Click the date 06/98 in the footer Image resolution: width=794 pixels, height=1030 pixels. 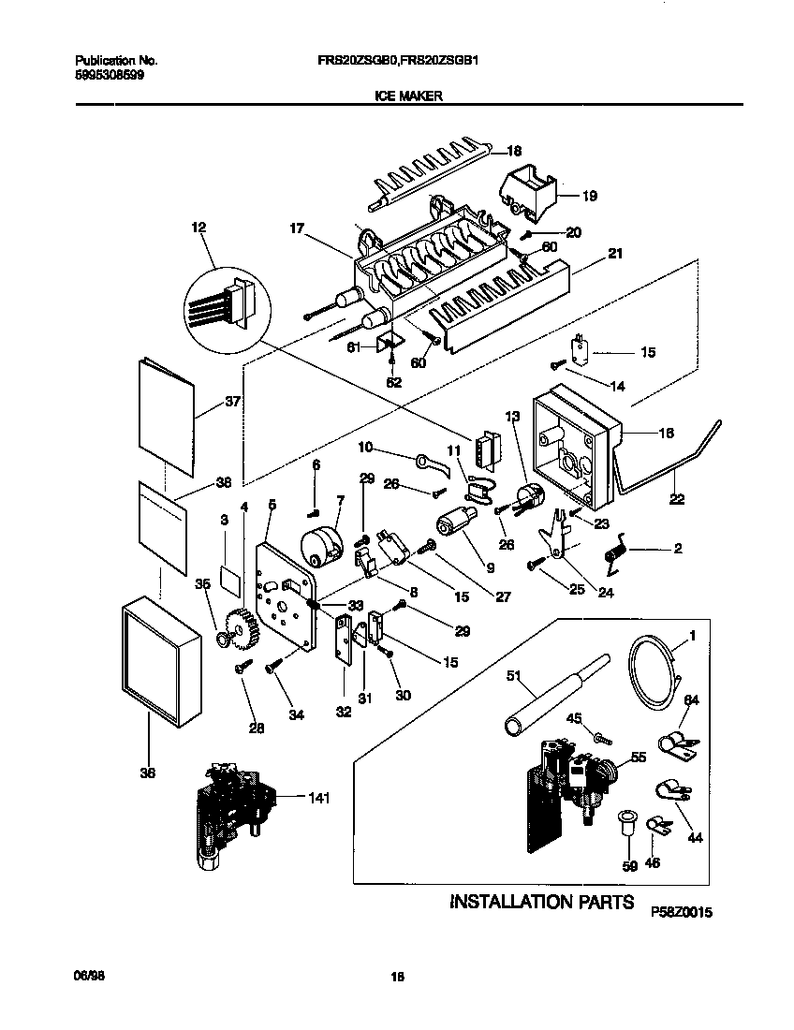(x=86, y=976)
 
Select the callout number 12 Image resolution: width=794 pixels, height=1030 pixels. (x=198, y=228)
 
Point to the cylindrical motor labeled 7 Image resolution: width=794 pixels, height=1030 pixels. (x=319, y=547)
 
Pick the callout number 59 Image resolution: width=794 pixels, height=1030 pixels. (x=629, y=866)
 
